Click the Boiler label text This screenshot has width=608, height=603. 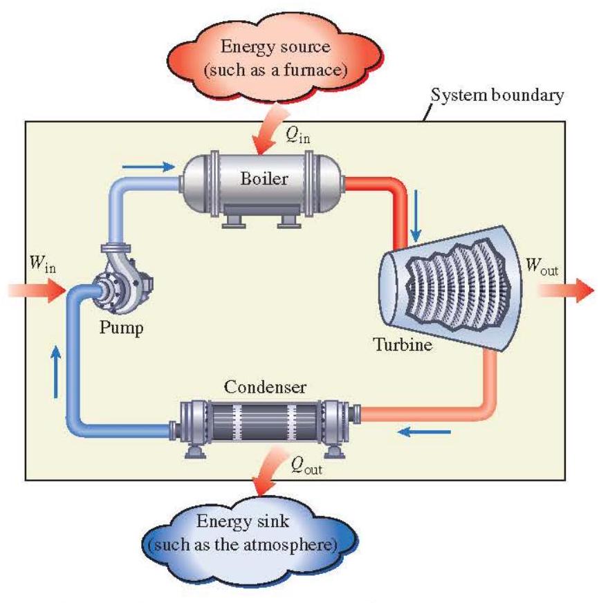(x=264, y=178)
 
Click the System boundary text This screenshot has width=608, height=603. (x=497, y=95)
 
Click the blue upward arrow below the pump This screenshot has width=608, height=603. (x=55, y=370)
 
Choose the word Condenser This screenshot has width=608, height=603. (x=264, y=384)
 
